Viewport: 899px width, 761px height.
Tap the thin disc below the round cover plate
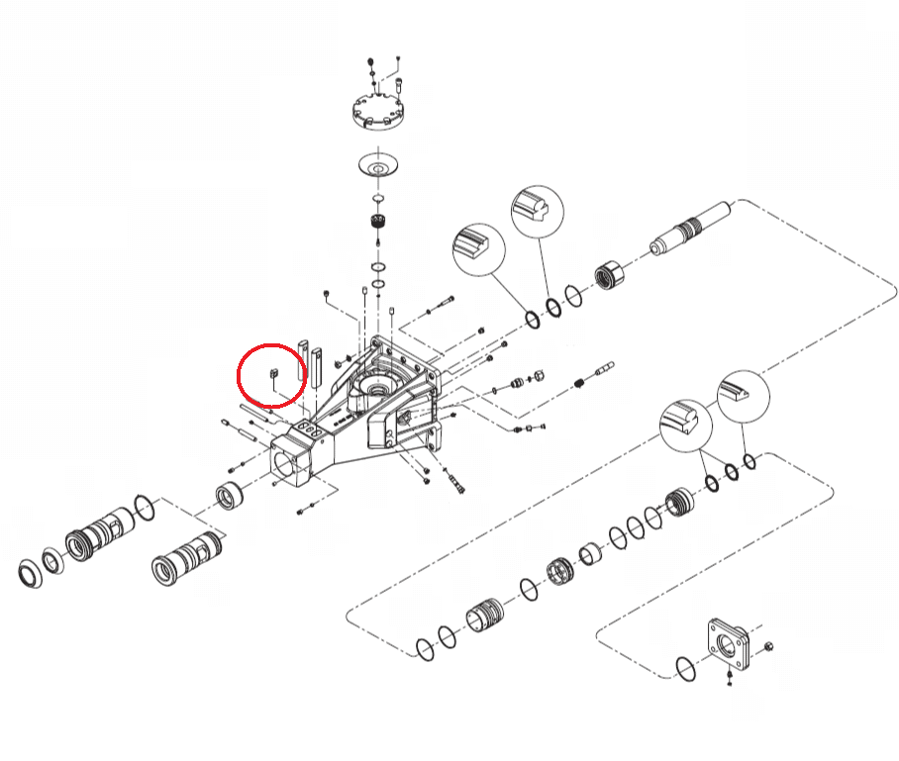coord(378,166)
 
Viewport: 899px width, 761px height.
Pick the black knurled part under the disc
coord(377,221)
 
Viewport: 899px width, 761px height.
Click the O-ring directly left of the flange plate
coord(685,668)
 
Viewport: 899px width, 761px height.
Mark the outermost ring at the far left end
coord(33,573)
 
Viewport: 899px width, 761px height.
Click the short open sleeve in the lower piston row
coord(592,554)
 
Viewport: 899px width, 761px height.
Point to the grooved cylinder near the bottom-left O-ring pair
coord(485,618)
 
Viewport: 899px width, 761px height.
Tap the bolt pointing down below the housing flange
coord(456,485)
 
